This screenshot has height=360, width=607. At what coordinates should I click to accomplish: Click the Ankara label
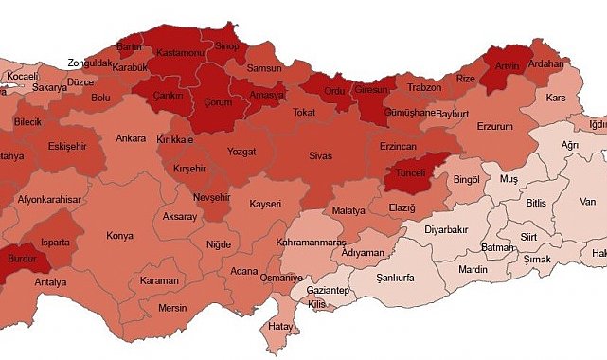131,139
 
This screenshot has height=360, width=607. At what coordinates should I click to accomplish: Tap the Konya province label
120,235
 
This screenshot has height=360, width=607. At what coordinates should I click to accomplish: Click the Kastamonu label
180,53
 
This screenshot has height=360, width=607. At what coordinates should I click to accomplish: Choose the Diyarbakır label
446,229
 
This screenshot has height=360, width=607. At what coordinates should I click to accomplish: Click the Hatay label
281,326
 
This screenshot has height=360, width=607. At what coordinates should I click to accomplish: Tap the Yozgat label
241,152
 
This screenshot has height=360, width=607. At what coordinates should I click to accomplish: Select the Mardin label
473,269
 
